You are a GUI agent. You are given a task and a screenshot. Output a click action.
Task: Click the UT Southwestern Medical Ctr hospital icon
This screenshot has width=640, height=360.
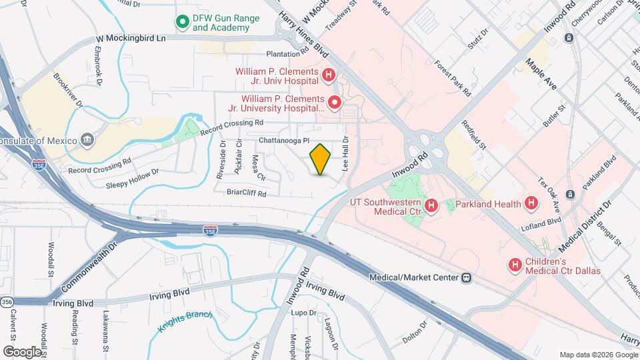pos(431,205)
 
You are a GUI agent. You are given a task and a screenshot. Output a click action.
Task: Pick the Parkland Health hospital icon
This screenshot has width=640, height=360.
pos(531,202)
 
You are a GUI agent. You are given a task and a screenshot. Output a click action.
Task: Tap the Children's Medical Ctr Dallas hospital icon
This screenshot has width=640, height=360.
pos(515,265)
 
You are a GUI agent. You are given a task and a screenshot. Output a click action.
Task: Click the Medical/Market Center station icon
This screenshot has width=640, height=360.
pos(467,277)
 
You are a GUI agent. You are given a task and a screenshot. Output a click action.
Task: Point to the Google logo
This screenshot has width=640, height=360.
pos(22,351)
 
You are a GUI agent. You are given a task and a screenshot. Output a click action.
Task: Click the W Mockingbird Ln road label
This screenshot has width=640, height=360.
pos(131,39)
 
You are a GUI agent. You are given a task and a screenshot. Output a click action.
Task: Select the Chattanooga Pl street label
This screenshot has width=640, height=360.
pos(285,141)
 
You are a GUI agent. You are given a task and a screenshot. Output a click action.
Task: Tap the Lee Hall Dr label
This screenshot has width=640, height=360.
pos(345,154)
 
